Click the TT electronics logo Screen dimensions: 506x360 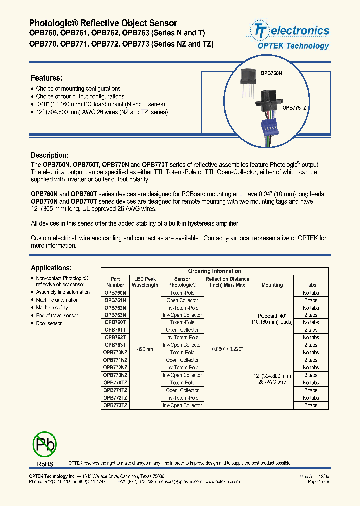click(290, 31)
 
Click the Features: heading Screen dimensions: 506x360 click(46, 78)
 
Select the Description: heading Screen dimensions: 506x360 click(49, 155)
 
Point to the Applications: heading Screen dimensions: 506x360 click(51, 268)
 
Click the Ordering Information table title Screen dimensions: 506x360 click(214, 271)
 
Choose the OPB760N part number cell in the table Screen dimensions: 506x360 click(115, 293)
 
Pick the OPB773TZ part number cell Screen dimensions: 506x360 click(115, 405)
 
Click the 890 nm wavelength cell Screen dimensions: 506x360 click(145, 349)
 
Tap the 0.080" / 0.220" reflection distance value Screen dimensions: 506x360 click(227, 349)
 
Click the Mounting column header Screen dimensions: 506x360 click(272, 285)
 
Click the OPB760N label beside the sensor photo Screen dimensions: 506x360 click(272, 73)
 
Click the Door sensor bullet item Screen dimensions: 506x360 click(49, 323)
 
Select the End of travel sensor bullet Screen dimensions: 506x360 click(57, 316)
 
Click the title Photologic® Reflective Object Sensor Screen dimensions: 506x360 click(103, 23)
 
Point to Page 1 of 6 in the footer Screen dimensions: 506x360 click(318, 482)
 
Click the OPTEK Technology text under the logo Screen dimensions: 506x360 click(293, 46)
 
